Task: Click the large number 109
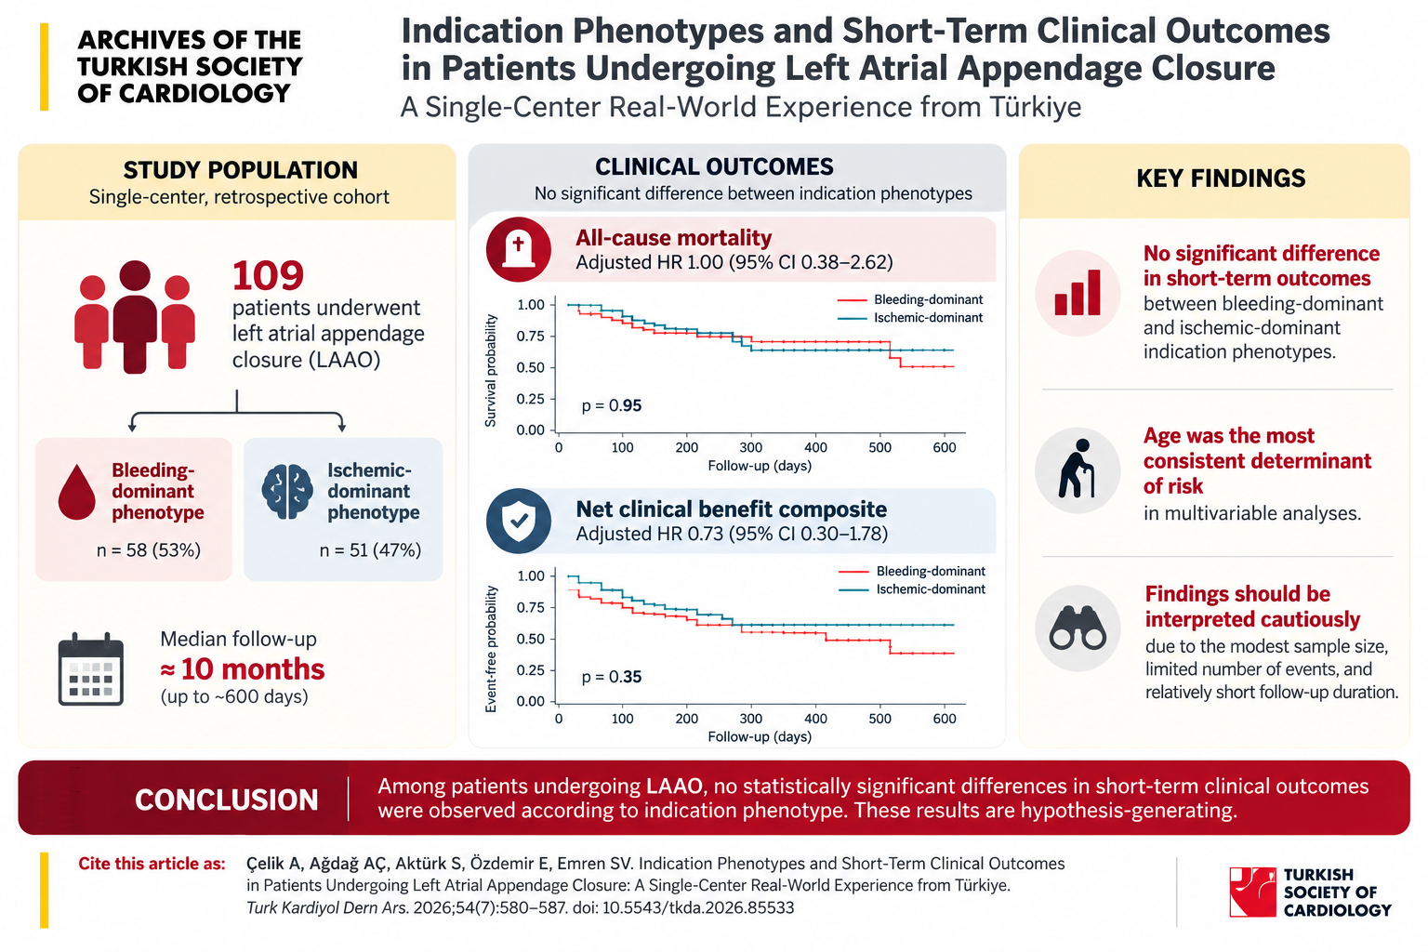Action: (268, 275)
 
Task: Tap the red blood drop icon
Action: (76, 492)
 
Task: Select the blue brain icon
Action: (287, 491)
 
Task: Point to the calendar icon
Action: (90, 668)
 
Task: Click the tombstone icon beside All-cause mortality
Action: (518, 249)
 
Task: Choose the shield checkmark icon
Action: (518, 521)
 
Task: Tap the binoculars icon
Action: (1078, 628)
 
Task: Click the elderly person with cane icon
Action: (1077, 469)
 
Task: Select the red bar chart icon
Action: (1078, 293)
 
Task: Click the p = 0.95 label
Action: (612, 405)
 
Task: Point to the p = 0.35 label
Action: (612, 677)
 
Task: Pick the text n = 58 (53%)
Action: (149, 549)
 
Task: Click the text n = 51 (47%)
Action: (370, 549)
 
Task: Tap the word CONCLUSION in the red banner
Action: (226, 800)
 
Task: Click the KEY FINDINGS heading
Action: (1221, 178)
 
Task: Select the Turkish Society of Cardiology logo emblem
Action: (1252, 892)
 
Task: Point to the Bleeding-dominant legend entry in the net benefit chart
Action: (912, 571)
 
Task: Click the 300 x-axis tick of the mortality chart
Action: (751, 447)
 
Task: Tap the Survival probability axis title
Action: (490, 370)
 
